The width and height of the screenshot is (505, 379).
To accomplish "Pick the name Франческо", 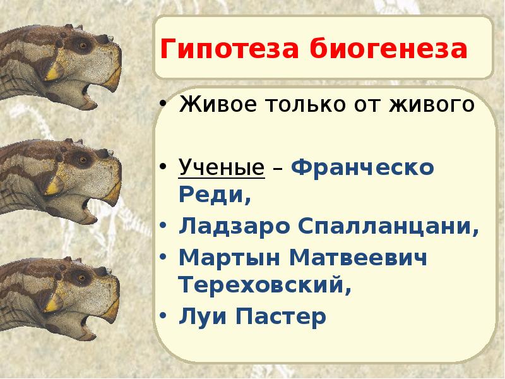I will [x=363, y=168].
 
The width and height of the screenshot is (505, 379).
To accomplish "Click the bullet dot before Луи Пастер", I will [x=163, y=314].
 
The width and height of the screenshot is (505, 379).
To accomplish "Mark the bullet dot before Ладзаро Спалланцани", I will [x=163, y=225].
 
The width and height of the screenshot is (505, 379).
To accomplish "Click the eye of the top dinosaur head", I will [x=80, y=46].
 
